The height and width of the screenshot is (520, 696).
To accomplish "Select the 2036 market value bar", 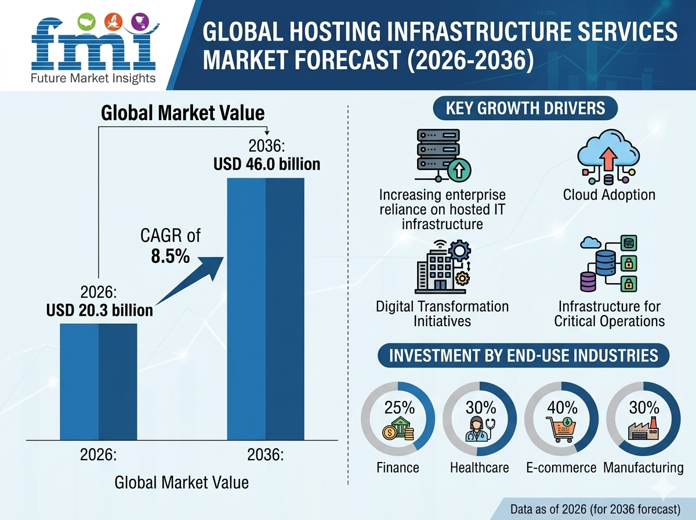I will click(265, 308).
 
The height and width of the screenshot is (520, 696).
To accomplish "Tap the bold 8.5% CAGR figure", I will click(171, 257).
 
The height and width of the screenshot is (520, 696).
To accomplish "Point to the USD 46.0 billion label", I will click(267, 164).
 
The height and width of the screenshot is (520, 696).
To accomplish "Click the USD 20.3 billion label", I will click(100, 310).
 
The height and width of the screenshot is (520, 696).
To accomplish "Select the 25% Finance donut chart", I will click(398, 418).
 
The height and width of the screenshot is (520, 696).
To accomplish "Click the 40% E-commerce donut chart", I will click(562, 418).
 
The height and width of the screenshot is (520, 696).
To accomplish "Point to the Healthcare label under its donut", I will click(480, 468).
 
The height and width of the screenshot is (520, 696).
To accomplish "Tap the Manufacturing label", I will click(643, 468).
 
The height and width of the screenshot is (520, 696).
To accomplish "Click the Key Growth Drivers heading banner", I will click(525, 108).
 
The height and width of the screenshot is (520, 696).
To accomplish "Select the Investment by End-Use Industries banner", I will click(524, 355).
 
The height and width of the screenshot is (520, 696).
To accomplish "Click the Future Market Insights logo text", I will click(93, 78).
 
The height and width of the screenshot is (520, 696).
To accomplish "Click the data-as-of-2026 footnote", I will click(595, 509).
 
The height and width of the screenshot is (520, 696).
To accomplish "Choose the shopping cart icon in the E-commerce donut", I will click(561, 429).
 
